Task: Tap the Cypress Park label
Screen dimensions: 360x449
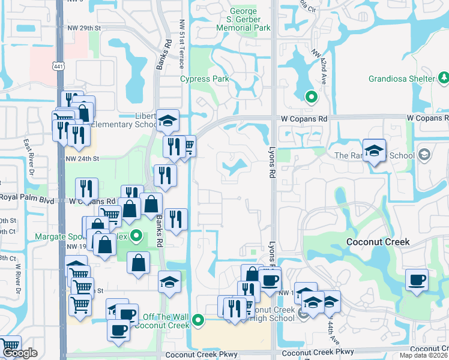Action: (205, 79)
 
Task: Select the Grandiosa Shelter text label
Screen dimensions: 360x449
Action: (402, 79)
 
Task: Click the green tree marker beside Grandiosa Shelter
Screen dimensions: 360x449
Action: (444, 78)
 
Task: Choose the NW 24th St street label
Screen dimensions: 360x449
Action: (82, 158)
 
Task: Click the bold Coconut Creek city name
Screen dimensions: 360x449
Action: (378, 242)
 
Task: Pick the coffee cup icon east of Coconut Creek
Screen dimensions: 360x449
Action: (417, 280)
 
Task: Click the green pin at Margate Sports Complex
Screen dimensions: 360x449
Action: (137, 236)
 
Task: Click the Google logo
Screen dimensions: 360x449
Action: (19, 353)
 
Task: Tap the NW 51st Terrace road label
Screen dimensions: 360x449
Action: (181, 42)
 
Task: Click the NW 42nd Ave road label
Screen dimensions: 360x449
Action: (319, 62)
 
